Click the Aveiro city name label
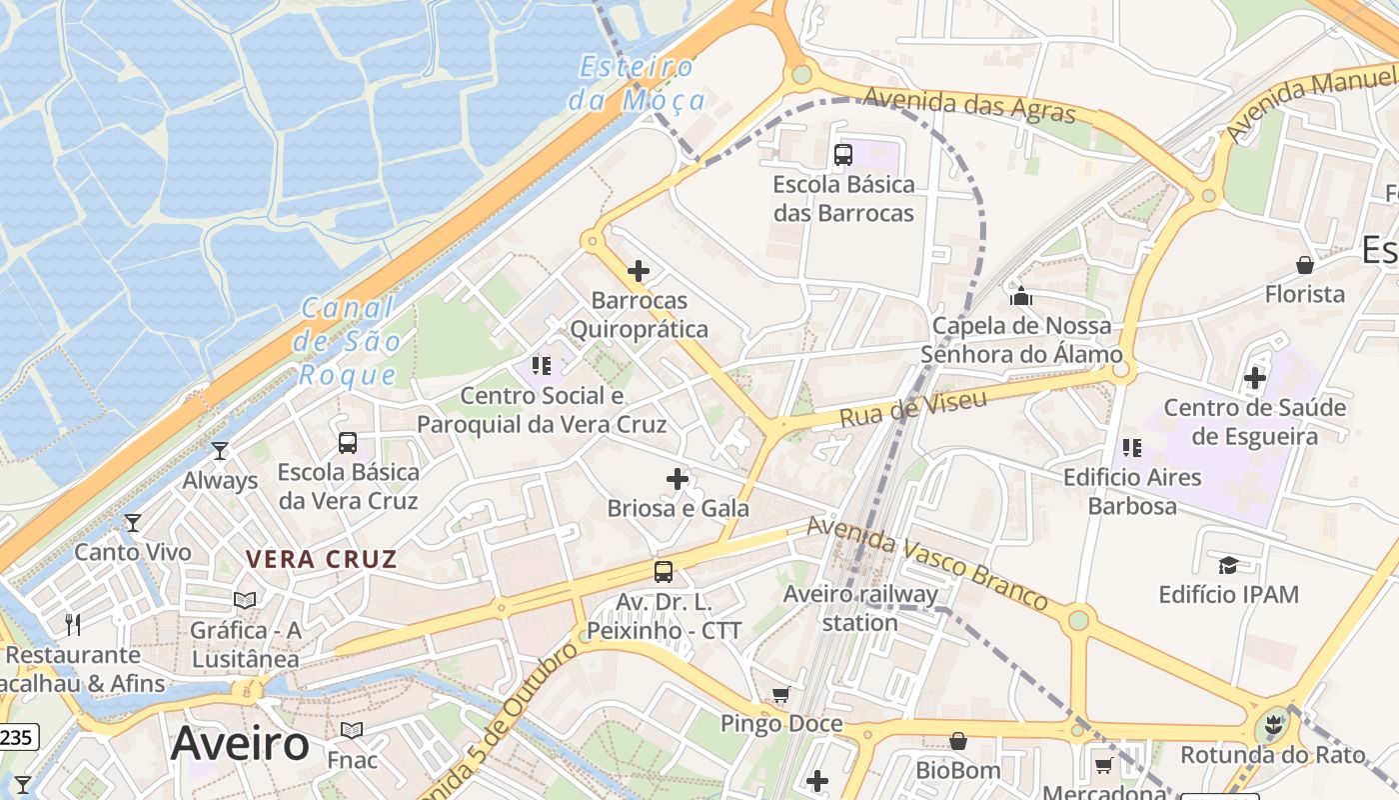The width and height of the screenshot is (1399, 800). (x=240, y=744)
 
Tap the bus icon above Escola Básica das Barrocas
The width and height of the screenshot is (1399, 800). (x=843, y=155)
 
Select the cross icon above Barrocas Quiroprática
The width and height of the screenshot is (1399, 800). (x=639, y=271)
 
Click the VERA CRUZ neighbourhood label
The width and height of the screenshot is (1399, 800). (x=322, y=559)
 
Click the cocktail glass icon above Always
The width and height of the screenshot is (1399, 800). (x=220, y=451)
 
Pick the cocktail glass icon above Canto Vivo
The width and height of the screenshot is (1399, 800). (x=132, y=523)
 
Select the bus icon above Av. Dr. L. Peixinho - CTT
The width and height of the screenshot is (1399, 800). (x=664, y=572)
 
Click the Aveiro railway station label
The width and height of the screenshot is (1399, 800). (x=860, y=608)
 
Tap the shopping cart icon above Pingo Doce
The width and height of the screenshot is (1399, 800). (x=781, y=694)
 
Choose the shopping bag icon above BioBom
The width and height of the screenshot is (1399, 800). (x=957, y=741)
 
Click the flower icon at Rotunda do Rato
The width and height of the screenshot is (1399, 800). (x=1272, y=724)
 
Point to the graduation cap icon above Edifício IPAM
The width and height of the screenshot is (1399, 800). (x=1228, y=566)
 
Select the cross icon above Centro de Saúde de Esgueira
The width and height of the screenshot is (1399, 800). (x=1255, y=378)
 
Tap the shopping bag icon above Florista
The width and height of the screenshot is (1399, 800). (x=1304, y=265)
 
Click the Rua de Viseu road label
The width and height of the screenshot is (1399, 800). (x=913, y=407)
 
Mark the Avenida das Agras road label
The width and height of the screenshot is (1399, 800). (x=969, y=104)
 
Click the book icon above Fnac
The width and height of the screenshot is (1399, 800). (x=352, y=731)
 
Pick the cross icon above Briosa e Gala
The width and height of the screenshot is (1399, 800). (x=678, y=479)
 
